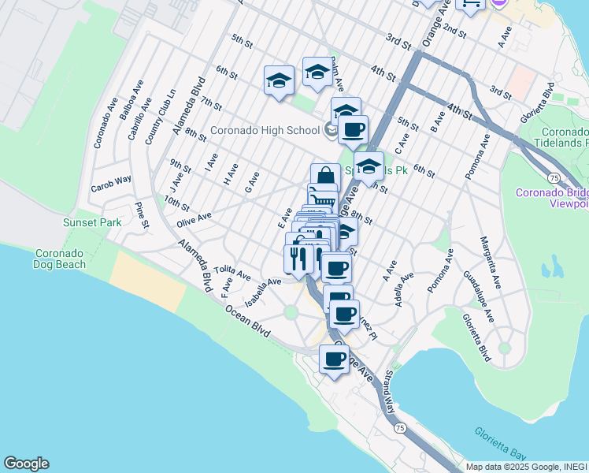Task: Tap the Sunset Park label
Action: coord(93,222)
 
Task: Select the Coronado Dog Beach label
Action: coord(65,259)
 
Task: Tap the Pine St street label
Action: coord(142,215)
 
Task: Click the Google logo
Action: coord(26,464)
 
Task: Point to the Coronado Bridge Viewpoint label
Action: coord(552,198)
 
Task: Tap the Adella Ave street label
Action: coord(405,289)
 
